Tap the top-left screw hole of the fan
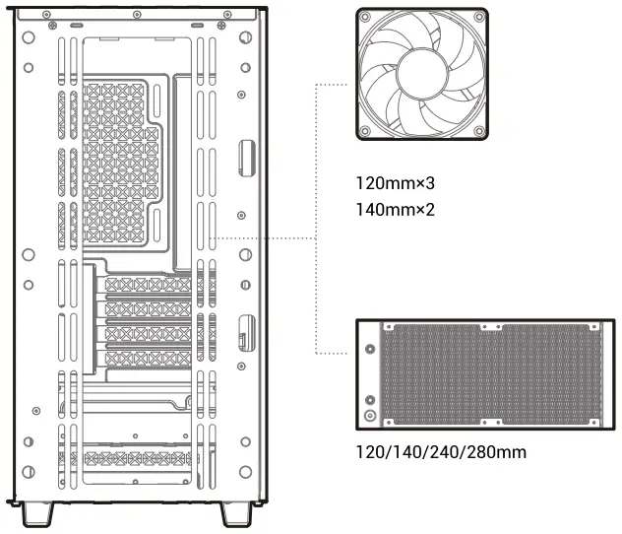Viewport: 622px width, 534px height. pos(365,17)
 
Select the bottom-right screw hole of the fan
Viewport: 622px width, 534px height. pos(479,131)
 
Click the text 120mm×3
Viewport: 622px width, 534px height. pos(396,183)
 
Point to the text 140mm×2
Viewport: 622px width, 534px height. pos(396,209)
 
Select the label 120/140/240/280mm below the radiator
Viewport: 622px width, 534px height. pos(442,452)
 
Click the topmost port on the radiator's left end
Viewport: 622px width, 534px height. pos(370,349)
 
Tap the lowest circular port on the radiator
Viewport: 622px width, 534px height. pos(370,416)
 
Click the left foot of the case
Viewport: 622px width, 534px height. pos(36,514)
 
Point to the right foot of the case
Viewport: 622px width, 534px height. pos(236,514)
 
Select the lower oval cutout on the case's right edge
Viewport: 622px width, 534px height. pos(246,331)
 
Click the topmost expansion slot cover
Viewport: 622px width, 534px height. pos(148,286)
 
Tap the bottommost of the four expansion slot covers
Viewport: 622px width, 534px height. pos(148,359)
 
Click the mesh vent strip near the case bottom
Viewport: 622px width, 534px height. pos(138,459)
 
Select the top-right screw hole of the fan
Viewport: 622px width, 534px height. pos(479,17)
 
